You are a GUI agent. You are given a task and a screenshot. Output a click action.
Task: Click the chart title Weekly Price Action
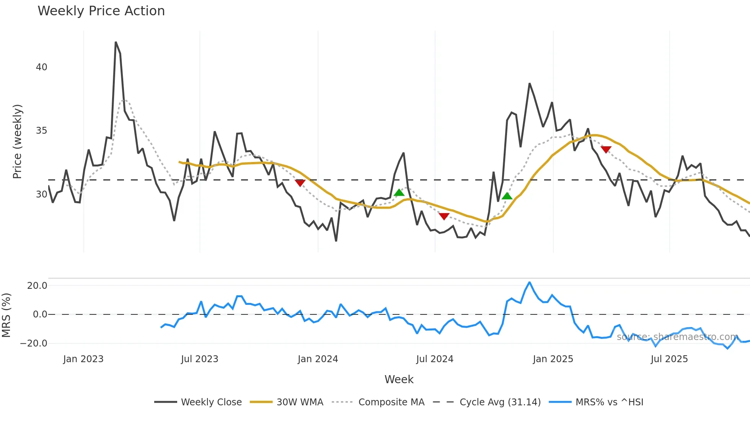point(101,11)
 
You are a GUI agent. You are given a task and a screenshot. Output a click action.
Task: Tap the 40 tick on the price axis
point(41,67)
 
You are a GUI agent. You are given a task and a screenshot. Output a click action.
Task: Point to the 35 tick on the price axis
point(41,131)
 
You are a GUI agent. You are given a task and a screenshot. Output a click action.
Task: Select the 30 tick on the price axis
point(41,194)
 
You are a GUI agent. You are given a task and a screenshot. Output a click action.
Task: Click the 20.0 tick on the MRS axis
point(37,286)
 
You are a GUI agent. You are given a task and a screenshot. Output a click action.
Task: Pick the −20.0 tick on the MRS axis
point(34,343)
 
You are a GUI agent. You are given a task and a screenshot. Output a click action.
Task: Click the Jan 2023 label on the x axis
point(83,359)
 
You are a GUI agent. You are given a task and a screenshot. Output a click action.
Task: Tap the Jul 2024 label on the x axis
point(435,359)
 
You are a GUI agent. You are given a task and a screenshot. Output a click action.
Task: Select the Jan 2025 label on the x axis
point(553,359)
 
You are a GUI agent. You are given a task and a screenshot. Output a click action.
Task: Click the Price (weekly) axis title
point(18,141)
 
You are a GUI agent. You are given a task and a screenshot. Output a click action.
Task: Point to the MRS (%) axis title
point(6,315)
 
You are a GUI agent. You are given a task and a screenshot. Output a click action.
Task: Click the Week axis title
point(399,379)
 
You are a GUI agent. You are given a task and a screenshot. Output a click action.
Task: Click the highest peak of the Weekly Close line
point(116,42)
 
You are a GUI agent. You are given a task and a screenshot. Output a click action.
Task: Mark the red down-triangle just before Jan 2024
point(300,183)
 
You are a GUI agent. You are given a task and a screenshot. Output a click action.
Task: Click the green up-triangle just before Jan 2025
point(507,196)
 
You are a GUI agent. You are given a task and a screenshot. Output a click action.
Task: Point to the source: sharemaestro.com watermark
point(677,337)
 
